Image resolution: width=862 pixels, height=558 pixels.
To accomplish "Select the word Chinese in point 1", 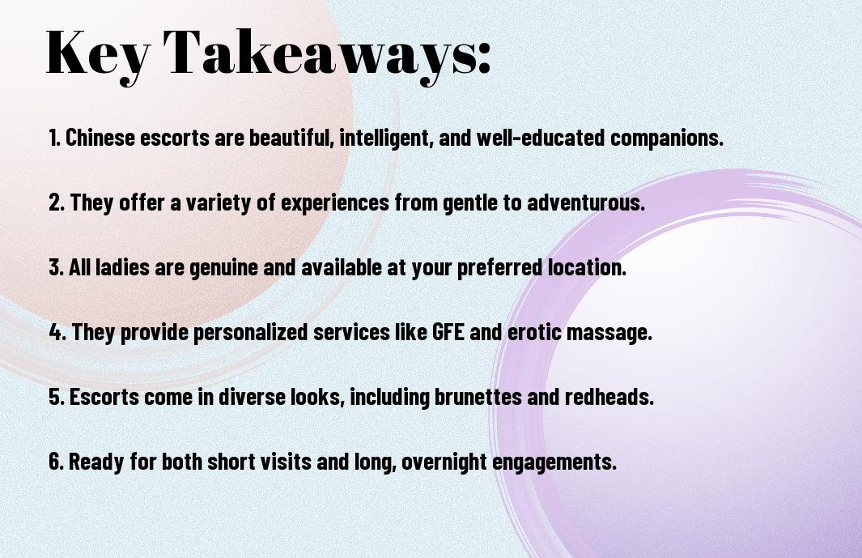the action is (x=100, y=138).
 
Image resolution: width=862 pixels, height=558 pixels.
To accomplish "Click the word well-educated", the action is (x=541, y=138).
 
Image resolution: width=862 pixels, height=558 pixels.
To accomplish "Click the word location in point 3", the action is (x=587, y=267).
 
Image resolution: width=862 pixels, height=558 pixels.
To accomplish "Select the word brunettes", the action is (x=478, y=397).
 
